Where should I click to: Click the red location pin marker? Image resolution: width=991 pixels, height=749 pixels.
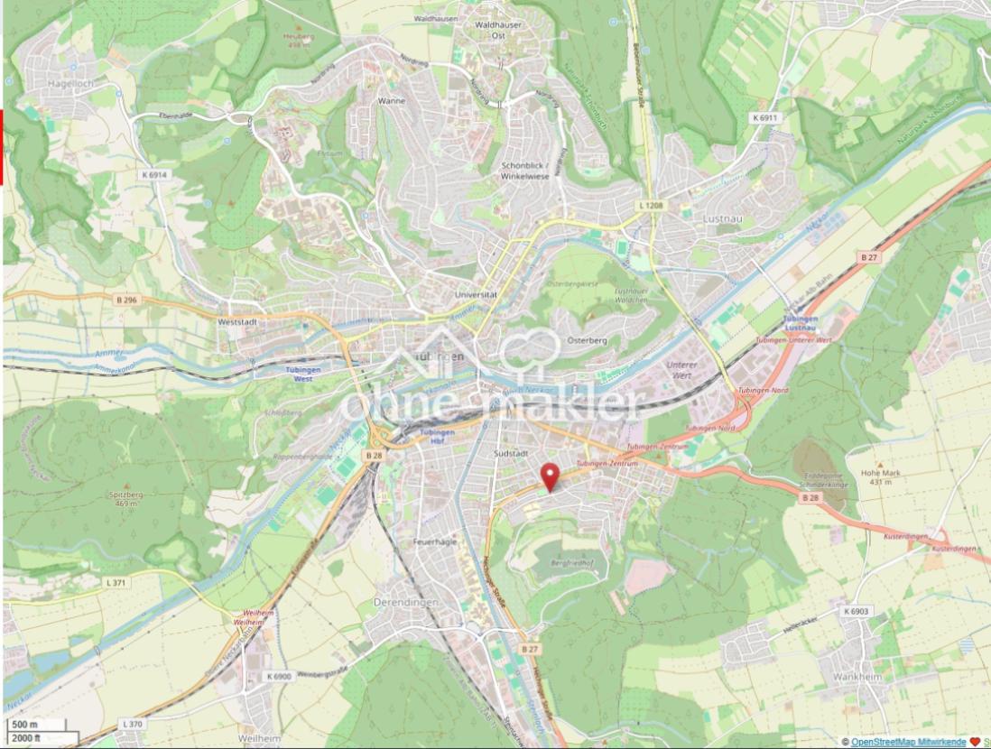tap(549, 476)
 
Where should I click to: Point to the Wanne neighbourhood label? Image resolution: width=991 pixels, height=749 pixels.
tap(391, 101)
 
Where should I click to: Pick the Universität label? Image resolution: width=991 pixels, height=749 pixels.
tap(477, 295)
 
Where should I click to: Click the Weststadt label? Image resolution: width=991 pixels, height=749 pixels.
tap(238, 320)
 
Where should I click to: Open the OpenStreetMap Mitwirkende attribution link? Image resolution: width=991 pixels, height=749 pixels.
tap(908, 742)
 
